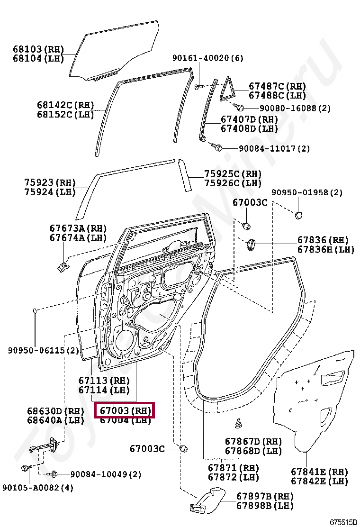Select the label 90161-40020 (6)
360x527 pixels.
click(207, 58)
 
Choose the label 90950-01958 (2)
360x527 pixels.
click(306, 192)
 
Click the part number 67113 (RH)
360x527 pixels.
click(104, 381)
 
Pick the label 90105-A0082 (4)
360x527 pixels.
click(38, 487)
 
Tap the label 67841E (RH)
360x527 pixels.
click(319, 472)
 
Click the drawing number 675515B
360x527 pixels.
click(342, 522)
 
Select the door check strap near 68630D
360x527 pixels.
click(45, 447)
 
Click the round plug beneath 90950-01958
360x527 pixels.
click(298, 215)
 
